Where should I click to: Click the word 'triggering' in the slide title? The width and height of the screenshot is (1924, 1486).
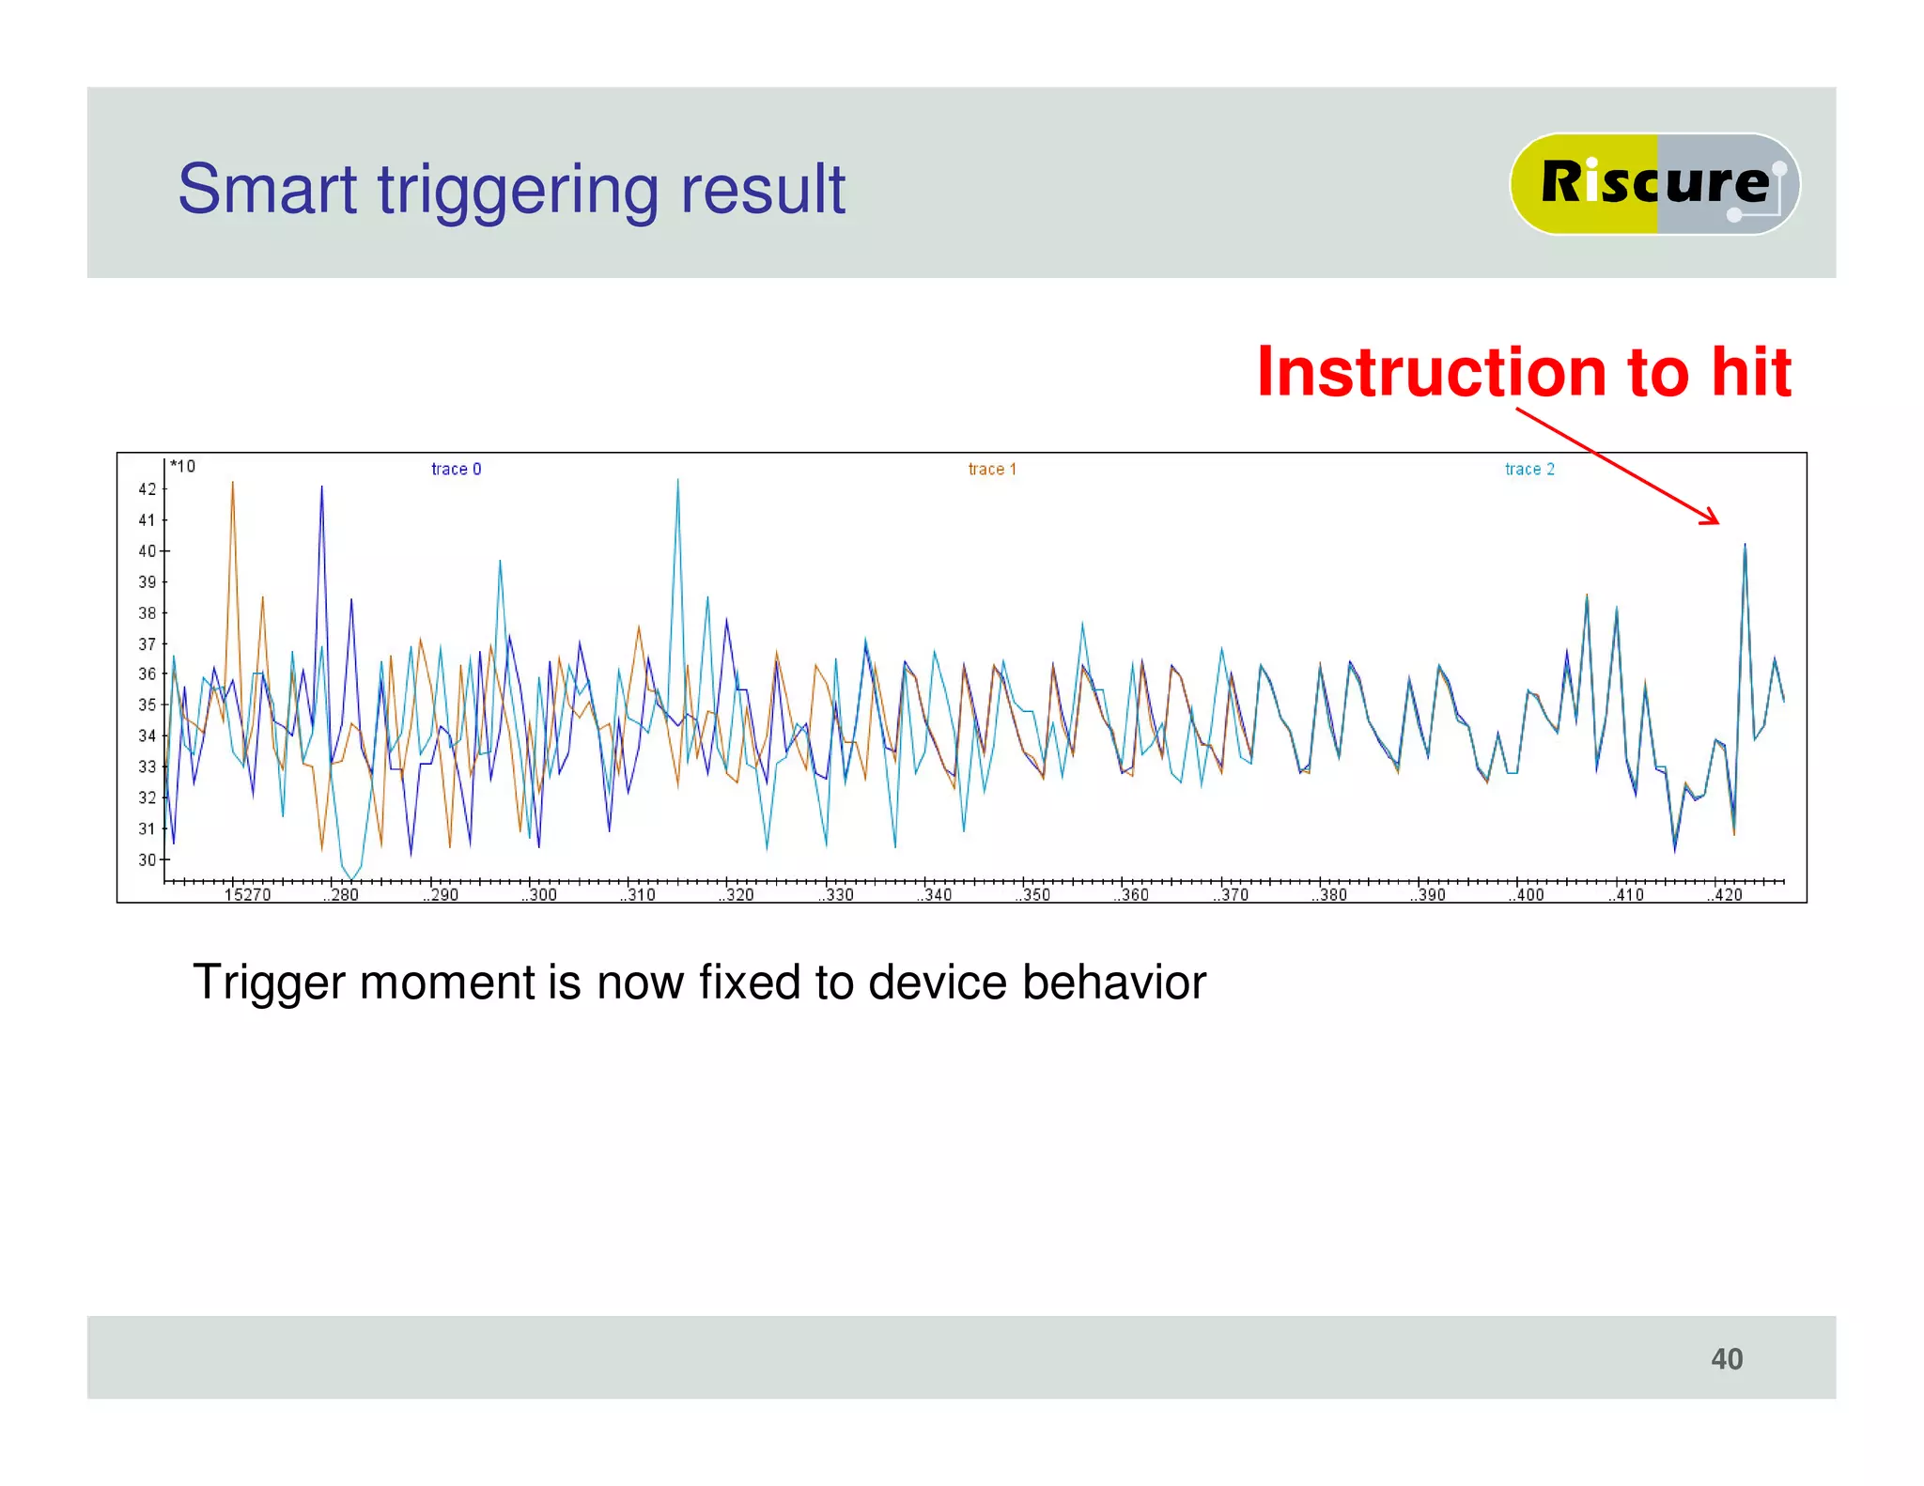click(519, 191)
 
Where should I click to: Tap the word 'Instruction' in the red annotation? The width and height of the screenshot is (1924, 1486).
click(1433, 373)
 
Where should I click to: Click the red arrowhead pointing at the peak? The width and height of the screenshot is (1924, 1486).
click(1713, 519)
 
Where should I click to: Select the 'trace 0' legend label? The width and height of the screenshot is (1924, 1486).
click(456, 469)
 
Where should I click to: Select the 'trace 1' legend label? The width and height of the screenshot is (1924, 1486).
click(992, 469)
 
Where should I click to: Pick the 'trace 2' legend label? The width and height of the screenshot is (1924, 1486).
click(1528, 469)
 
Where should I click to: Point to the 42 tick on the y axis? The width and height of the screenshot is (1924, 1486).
click(147, 489)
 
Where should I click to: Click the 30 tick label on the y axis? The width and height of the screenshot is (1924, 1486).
click(147, 859)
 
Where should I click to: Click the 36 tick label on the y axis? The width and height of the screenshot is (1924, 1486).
click(147, 674)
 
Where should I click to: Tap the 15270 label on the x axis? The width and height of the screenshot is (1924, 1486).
click(247, 895)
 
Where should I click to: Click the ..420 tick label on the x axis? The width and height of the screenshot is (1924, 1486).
click(1725, 895)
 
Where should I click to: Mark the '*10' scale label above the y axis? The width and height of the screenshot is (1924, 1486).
click(183, 467)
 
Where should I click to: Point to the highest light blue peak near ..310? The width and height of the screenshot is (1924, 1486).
click(677, 482)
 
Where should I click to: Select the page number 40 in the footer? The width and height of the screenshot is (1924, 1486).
click(1726, 1359)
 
